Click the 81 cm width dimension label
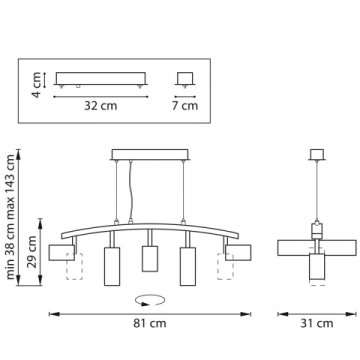click(x=150, y=323)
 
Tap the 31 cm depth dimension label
click(x=317, y=323)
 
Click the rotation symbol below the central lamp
click(x=150, y=297)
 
